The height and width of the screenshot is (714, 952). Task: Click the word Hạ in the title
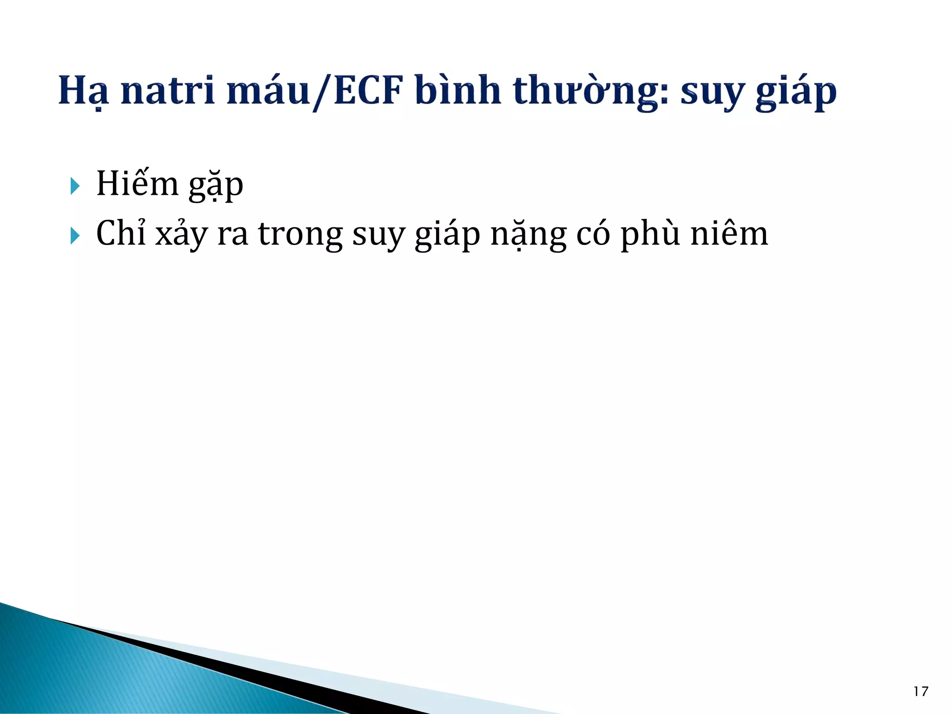[x=84, y=91]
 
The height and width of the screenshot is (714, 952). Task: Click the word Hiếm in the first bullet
[x=137, y=184]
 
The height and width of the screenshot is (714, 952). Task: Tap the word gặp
[x=216, y=185]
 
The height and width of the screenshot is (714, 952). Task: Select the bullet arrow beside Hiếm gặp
[x=75, y=186]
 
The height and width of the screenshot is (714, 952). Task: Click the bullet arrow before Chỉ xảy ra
[x=75, y=236]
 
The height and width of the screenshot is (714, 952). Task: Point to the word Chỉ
[x=121, y=232]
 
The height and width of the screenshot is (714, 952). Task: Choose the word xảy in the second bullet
[x=181, y=234]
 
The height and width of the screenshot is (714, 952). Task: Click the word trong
[x=300, y=234]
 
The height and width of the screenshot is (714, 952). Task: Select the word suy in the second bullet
[x=379, y=235]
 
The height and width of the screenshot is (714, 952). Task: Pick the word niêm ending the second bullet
[x=729, y=232]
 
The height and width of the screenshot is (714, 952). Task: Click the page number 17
[x=920, y=692]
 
